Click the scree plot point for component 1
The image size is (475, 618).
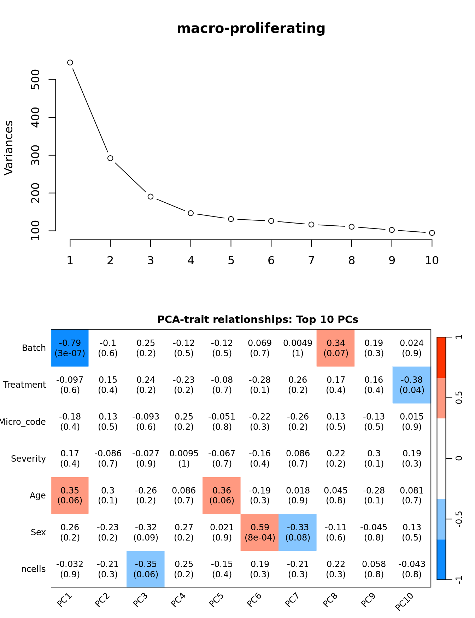[70, 63]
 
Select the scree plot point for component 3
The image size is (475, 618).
[151, 197]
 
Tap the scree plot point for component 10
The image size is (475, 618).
[432, 233]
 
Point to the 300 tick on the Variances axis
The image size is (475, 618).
[35, 155]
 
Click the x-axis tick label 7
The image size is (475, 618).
[311, 261]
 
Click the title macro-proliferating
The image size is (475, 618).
[251, 28]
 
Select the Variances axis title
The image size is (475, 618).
[8, 148]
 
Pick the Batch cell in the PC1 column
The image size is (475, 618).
[70, 348]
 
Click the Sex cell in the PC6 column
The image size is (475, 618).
[260, 532]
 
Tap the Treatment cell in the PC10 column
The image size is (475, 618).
[412, 385]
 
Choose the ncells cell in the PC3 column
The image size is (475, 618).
[146, 569]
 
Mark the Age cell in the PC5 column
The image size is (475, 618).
[222, 495]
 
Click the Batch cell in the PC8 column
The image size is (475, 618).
[336, 348]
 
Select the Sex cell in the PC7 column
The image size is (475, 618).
[298, 532]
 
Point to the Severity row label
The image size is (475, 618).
[28, 459]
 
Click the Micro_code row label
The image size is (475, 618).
[23, 422]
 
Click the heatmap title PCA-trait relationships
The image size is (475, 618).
[258, 320]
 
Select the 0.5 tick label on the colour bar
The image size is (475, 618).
[459, 398]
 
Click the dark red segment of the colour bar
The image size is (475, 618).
[441, 357]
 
